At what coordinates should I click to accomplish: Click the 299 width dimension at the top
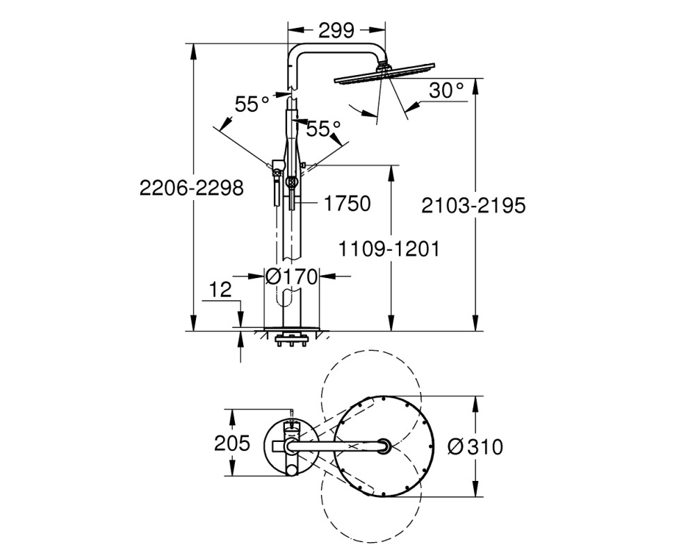[x=336, y=30]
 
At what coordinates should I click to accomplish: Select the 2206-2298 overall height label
[x=192, y=188]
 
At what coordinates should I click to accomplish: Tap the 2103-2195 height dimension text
[x=473, y=206]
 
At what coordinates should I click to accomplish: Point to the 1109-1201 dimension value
[x=389, y=249]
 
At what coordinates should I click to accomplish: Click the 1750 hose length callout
[x=347, y=204]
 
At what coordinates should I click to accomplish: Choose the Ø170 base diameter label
[x=292, y=277]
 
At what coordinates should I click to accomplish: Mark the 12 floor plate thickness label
[x=220, y=290]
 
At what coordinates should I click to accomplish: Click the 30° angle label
[x=446, y=90]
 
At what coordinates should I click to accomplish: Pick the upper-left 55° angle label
[x=252, y=105]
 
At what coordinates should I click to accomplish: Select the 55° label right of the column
[x=324, y=129]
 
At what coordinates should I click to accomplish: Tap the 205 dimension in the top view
[x=232, y=443]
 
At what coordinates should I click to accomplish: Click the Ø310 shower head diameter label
[x=475, y=447]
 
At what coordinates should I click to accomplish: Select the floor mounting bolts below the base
[x=292, y=341]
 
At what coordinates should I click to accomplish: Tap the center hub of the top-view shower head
[x=384, y=446]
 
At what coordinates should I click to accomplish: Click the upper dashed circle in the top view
[x=370, y=353]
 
